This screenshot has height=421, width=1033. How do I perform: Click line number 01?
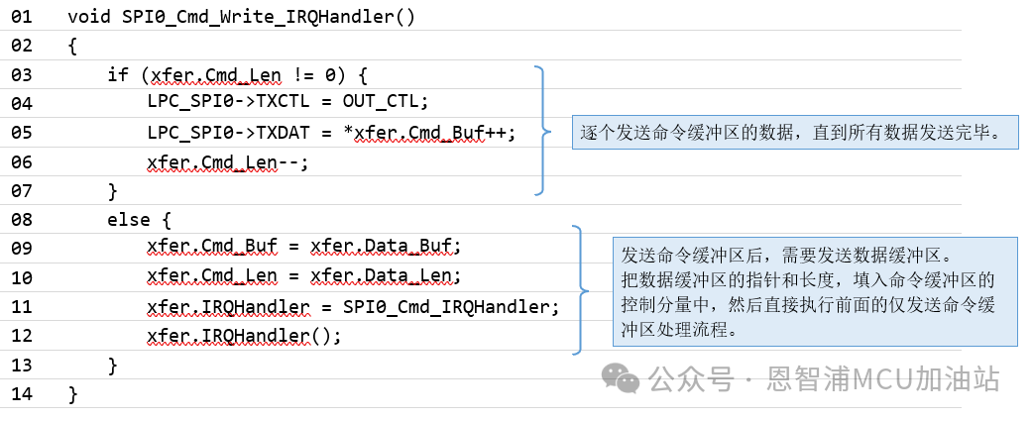tap(21, 17)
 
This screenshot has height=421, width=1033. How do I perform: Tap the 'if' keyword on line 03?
tap(117, 74)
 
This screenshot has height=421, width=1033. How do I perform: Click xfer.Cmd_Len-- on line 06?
tap(227, 161)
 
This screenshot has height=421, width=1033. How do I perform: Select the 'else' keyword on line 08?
tap(127, 220)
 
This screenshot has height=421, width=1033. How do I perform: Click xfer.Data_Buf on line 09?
tap(387, 248)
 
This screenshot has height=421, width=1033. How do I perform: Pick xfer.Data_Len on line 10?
tap(387, 276)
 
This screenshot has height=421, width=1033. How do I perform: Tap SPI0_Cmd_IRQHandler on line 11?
tap(451, 306)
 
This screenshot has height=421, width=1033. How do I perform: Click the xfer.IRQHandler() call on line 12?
tap(244, 336)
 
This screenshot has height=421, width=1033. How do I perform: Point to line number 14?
tap(21, 394)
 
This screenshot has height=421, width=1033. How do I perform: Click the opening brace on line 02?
tap(72, 46)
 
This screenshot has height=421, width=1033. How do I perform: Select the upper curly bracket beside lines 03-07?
tap(541, 130)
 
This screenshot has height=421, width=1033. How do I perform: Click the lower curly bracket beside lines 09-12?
tap(581, 290)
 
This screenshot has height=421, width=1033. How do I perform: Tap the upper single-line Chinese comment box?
tap(795, 130)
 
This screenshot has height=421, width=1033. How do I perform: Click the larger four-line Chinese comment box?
tap(814, 291)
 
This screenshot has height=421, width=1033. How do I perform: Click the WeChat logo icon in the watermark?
tap(623, 377)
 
